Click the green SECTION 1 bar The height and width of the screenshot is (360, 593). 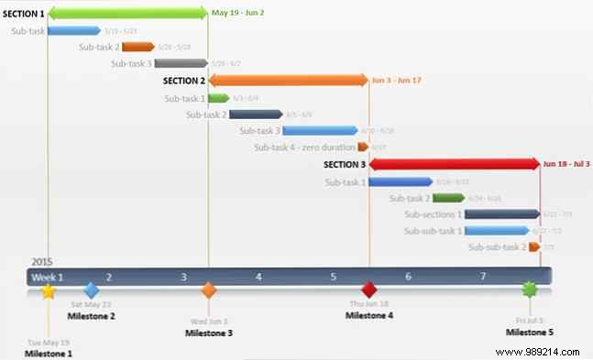(x=127, y=13)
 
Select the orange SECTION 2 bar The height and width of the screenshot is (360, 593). (x=288, y=81)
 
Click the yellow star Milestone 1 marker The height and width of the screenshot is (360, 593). (x=49, y=291)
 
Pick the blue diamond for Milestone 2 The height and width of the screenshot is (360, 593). (x=91, y=290)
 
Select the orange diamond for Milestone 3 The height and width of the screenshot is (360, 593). (x=209, y=291)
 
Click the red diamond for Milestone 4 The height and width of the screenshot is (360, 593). (x=368, y=290)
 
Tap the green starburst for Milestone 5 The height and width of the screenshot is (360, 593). (x=529, y=290)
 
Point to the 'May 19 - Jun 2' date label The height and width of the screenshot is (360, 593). (x=237, y=13)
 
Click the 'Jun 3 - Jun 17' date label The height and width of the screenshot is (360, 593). (x=397, y=81)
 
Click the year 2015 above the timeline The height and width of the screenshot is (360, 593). (x=43, y=262)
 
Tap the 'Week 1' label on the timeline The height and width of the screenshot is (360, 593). (x=49, y=277)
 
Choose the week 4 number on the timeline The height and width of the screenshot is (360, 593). (x=258, y=277)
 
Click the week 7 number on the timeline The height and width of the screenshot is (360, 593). (x=483, y=277)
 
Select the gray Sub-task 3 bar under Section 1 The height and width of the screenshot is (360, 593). (x=181, y=63)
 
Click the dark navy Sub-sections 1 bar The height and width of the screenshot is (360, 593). (x=501, y=214)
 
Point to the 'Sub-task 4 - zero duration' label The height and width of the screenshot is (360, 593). (x=305, y=147)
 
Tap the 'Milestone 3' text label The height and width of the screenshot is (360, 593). (x=209, y=333)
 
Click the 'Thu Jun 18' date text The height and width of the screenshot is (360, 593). (x=368, y=304)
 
